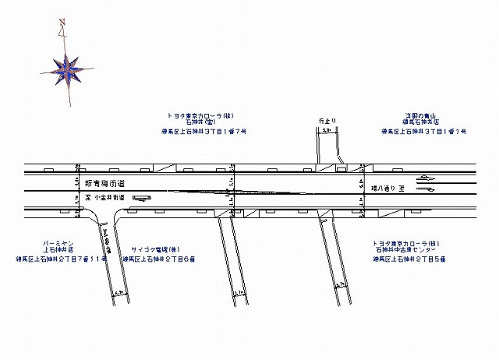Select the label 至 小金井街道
point(102,198)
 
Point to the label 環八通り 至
point(386,188)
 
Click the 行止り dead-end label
point(327,122)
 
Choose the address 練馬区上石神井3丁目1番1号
point(423,132)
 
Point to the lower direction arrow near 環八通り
point(427,196)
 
